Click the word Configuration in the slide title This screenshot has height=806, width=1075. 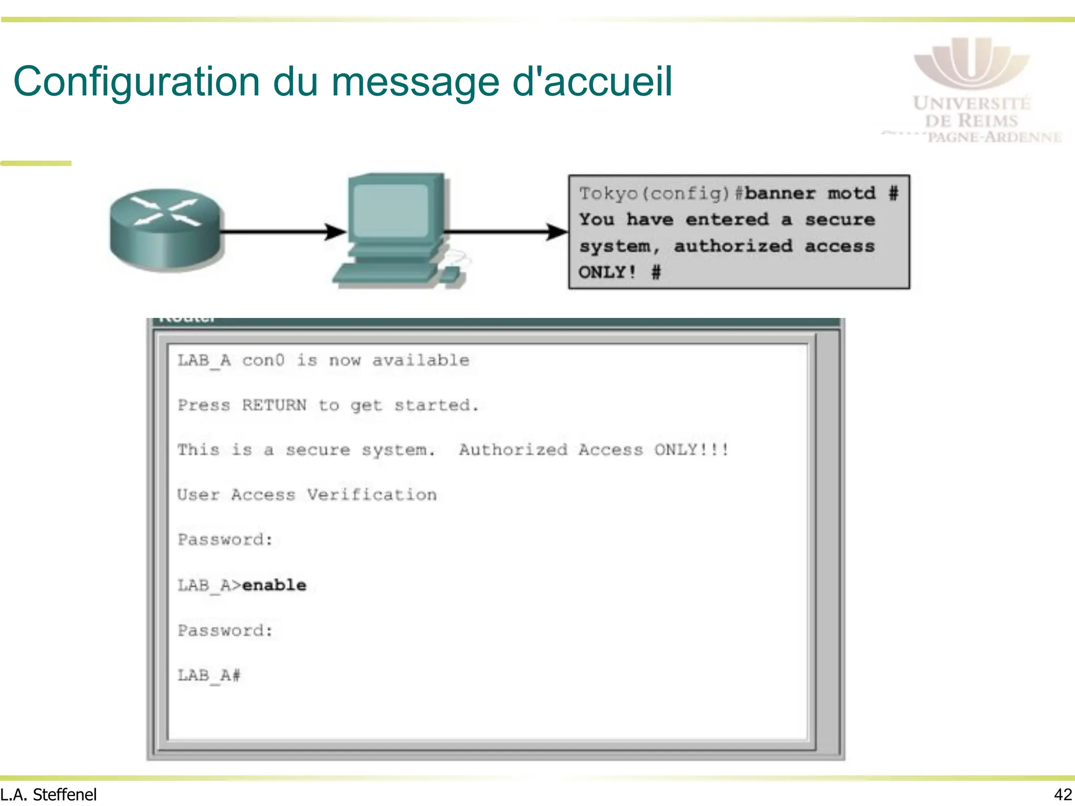[136, 82]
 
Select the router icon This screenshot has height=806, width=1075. [165, 230]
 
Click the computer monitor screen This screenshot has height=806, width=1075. [391, 210]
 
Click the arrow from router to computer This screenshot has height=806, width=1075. [283, 231]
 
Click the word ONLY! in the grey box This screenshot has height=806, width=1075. [607, 272]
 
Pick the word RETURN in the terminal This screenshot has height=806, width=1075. [274, 405]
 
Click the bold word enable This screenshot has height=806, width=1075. [274, 585]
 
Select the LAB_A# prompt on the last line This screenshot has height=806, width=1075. [208, 675]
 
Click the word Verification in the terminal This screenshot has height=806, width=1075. [372, 495]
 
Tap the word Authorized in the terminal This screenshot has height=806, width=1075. [513, 450]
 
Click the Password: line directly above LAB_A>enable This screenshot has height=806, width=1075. [225, 540]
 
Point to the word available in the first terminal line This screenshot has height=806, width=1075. [420, 360]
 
